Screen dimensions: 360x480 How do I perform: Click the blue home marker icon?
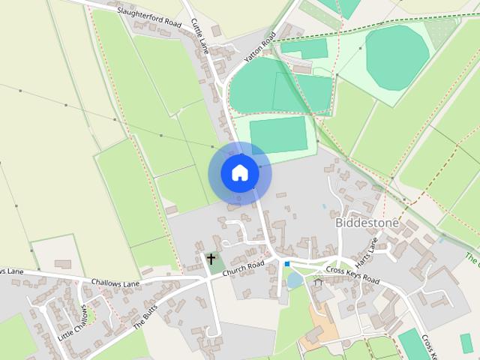click(239, 173)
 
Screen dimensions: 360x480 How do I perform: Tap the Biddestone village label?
click(367, 224)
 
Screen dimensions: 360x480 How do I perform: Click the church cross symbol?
click(211, 260)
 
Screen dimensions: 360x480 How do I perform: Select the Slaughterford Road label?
click(149, 18)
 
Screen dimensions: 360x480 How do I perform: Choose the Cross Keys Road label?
click(352, 274)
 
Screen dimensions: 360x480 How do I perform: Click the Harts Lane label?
click(369, 246)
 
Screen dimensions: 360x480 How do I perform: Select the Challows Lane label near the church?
click(115, 283)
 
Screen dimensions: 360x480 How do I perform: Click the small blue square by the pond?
click(286, 263)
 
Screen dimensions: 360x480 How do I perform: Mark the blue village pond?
click(295, 280)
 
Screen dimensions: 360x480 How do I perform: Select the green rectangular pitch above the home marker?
click(278, 135)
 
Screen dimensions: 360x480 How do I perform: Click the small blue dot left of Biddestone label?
click(323, 206)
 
